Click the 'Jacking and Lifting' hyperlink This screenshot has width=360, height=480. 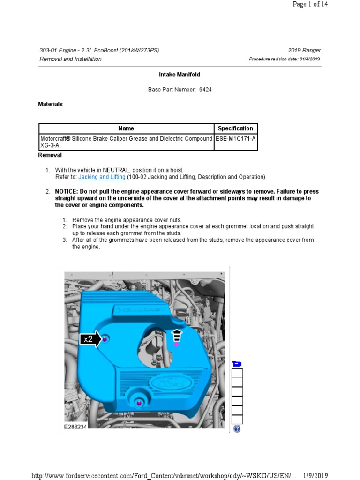pyautogui.click(x=102, y=177)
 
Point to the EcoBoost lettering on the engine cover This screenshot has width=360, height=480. pyautogui.click(x=144, y=309)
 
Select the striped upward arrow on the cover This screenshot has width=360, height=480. pyautogui.click(x=177, y=336)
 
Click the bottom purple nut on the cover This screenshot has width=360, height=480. pyautogui.click(x=139, y=403)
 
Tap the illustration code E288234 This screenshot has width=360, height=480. pyautogui.click(x=75, y=427)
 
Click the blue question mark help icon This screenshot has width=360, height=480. pyautogui.click(x=237, y=428)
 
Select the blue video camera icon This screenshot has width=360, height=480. pyautogui.click(x=237, y=364)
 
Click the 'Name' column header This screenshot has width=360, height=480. pyautogui.click(x=126, y=128)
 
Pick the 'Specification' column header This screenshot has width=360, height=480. pyautogui.click(x=235, y=128)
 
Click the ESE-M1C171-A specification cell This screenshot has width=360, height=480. pyautogui.click(x=235, y=139)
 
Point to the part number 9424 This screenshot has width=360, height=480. pyautogui.click(x=205, y=90)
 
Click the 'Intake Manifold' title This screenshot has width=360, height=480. pyautogui.click(x=180, y=75)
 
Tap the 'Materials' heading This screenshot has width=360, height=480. pyautogui.click(x=50, y=104)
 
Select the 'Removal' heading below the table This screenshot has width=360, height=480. pyautogui.click(x=50, y=155)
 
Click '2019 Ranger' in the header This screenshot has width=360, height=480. pyautogui.click(x=305, y=51)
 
